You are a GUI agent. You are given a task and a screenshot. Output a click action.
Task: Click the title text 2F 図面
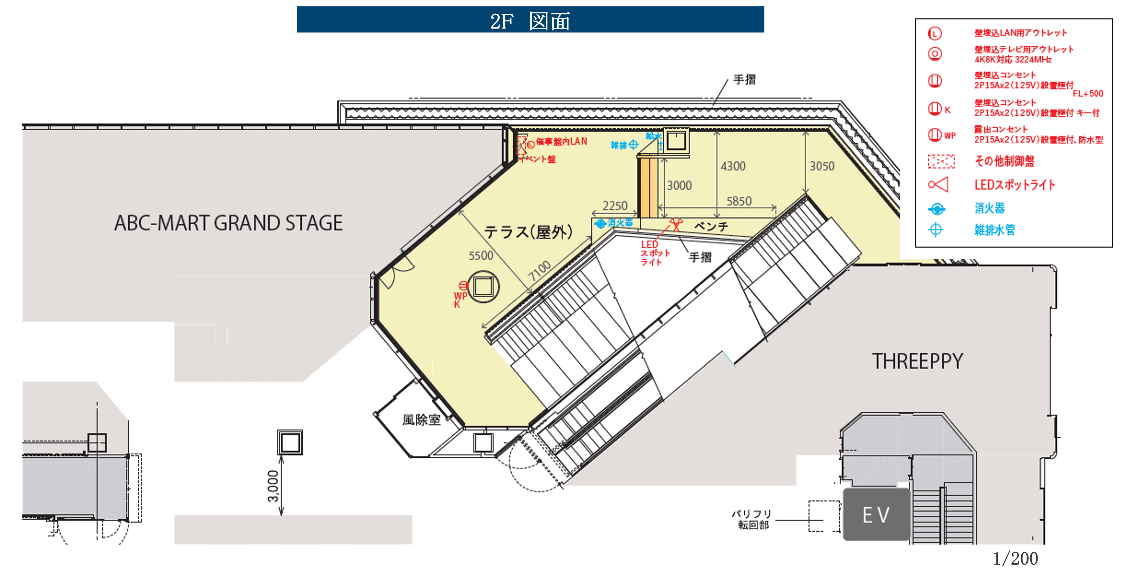[530, 20]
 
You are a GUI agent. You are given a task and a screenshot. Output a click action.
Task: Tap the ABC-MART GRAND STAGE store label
[228, 223]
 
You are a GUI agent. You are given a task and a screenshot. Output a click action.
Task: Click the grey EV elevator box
[876, 515]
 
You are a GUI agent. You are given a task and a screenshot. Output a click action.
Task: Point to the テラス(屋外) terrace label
[528, 232]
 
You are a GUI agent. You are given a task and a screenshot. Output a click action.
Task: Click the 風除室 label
[422, 420]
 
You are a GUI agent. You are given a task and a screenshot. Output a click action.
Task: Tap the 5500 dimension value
[481, 256]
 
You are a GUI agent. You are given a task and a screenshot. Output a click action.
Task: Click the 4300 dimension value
[733, 166]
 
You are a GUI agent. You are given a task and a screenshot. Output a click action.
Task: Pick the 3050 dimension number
[822, 166]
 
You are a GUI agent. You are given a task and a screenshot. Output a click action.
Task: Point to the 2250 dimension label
[615, 205]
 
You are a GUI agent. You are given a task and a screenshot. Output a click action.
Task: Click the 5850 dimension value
[739, 201]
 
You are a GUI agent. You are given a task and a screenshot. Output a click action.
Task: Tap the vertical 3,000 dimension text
[273, 486]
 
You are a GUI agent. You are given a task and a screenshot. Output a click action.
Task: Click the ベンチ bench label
[711, 226]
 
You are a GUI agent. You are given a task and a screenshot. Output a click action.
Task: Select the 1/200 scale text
[1016, 558]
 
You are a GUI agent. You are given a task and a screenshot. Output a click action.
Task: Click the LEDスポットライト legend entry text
[1015, 185]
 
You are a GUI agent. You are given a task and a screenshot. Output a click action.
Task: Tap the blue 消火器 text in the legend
[990, 208]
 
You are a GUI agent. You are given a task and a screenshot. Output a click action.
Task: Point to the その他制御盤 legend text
[1004, 161]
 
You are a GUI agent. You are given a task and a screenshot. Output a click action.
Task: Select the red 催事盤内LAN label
[561, 142]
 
